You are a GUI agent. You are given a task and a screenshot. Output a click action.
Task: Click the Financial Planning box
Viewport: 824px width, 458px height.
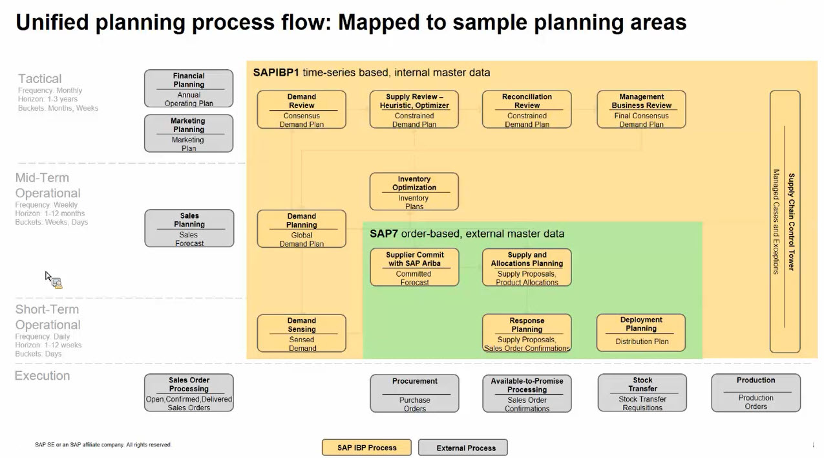(188, 89)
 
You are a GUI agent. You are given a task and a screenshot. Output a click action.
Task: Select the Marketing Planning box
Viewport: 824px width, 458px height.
(188, 134)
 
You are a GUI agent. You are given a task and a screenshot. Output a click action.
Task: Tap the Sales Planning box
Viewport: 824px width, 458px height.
(189, 228)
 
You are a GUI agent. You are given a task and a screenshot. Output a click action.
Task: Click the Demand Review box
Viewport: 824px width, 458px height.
(301, 110)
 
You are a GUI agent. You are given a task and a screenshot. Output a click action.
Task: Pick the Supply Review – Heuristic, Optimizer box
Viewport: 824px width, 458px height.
(414, 110)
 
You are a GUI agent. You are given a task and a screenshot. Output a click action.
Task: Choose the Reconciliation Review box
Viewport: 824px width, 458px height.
(527, 110)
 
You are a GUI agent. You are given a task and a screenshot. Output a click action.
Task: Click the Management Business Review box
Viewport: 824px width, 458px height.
(641, 110)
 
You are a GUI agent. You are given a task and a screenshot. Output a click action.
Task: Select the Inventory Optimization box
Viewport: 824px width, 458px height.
(414, 191)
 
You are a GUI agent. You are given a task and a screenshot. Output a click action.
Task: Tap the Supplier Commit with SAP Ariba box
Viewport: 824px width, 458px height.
(414, 268)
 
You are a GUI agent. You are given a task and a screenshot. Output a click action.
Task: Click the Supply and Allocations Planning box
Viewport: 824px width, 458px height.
(527, 268)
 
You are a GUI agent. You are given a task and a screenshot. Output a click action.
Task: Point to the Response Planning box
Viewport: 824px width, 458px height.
(527, 334)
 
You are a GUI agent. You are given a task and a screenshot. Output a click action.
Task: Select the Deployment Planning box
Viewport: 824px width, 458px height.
(640, 333)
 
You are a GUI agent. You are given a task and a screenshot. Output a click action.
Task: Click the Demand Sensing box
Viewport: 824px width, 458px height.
(301, 334)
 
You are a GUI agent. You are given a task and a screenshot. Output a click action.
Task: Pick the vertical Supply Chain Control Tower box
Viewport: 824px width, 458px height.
(785, 222)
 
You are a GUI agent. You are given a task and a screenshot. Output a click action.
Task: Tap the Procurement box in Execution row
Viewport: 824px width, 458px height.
(414, 393)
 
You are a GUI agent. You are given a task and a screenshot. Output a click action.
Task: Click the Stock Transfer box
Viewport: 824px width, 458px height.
(642, 393)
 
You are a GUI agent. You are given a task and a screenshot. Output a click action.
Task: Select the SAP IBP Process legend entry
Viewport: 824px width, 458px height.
(366, 448)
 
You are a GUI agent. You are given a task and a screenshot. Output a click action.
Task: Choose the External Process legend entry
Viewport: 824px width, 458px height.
(463, 448)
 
